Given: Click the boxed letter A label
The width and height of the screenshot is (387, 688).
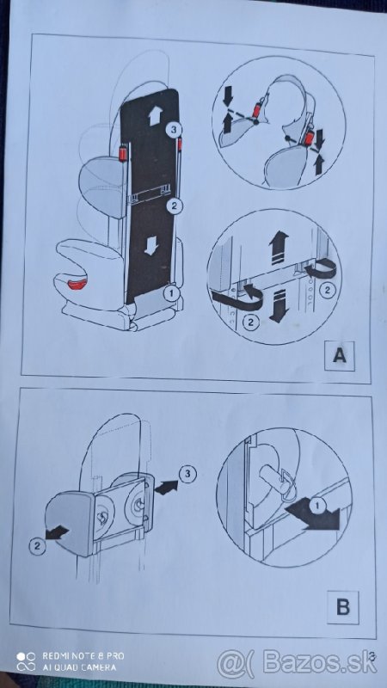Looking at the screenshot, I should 340,354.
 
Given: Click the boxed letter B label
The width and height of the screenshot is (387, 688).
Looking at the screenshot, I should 341,608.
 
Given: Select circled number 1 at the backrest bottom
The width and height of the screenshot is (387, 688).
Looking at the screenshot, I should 170,292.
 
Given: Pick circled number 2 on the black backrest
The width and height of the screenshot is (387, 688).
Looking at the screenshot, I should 173,206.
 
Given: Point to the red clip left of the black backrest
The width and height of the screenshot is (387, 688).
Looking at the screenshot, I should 123,155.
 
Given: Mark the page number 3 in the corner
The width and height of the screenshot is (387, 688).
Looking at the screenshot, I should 372,660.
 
